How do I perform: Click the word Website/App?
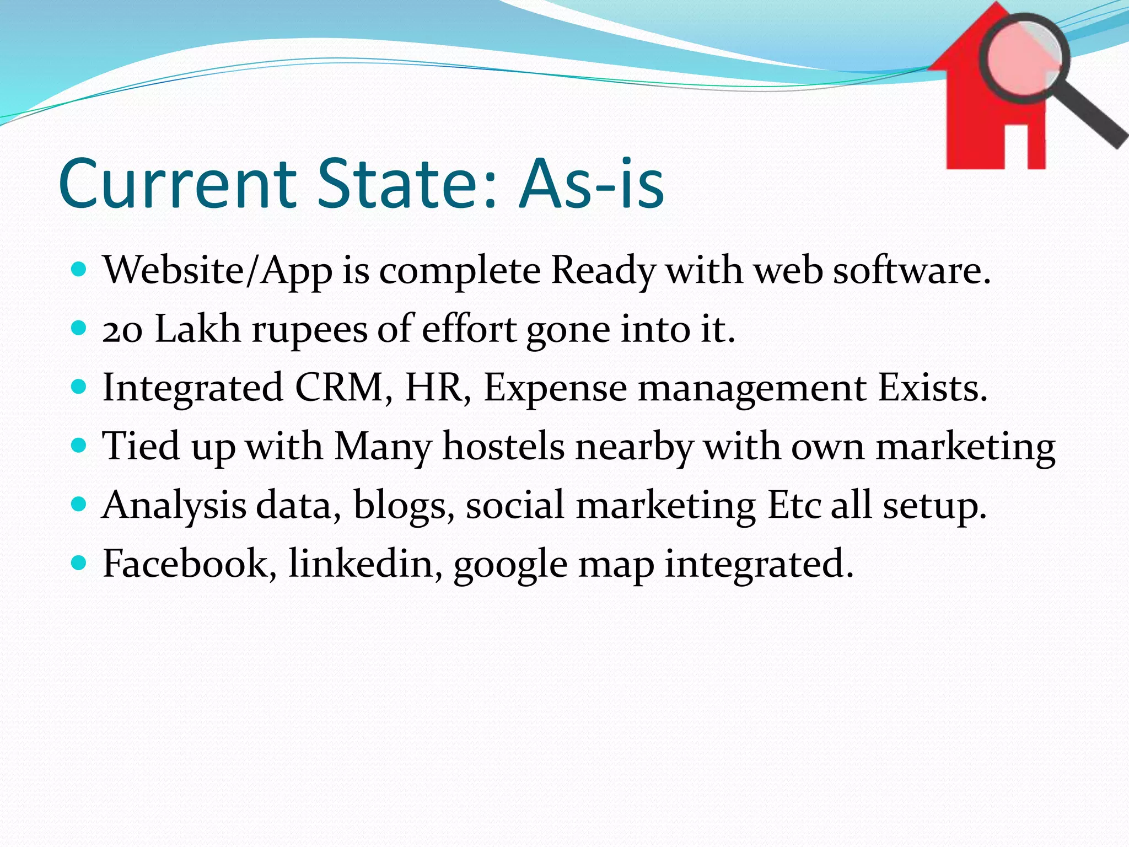point(217,271)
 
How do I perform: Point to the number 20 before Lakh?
point(122,330)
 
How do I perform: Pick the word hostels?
point(503,446)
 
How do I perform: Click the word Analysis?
point(174,506)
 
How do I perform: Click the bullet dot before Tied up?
point(79,445)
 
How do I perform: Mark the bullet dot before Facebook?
point(79,563)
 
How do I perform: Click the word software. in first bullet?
point(912,271)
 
